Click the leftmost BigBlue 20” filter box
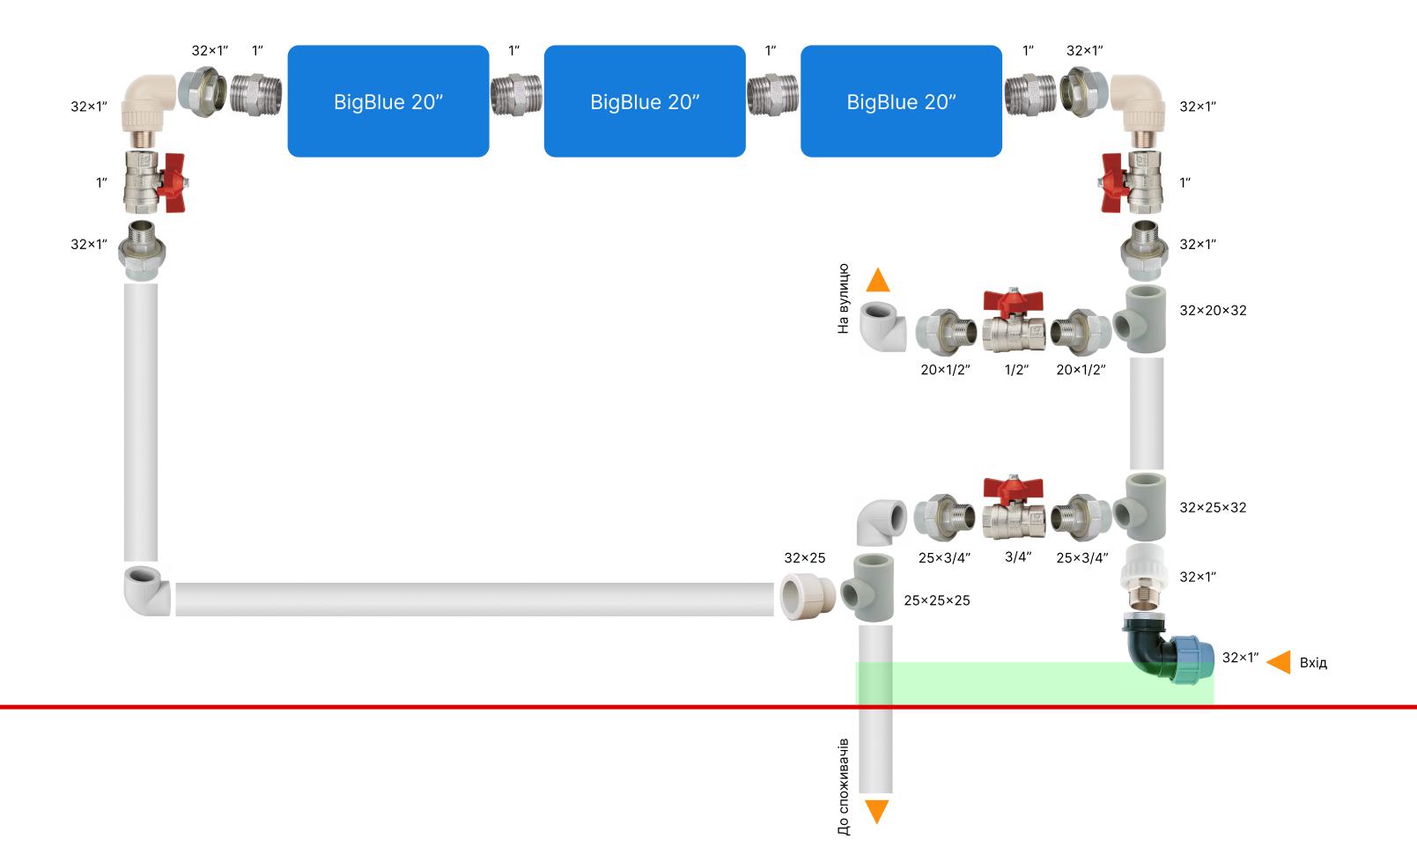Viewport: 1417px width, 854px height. tap(388, 101)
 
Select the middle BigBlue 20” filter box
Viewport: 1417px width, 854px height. tap(645, 101)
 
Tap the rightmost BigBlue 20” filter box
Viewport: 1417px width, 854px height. tap(901, 101)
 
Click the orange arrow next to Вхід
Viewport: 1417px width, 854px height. tap(1279, 662)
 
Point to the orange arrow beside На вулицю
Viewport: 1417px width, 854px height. tap(878, 281)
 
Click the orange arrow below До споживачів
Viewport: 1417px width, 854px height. tap(877, 811)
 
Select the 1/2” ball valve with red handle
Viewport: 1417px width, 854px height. tap(1014, 320)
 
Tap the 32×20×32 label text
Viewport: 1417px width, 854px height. tap(1213, 311)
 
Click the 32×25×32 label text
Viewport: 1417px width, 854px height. tap(1213, 508)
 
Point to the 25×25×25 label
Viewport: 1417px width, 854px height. tap(937, 601)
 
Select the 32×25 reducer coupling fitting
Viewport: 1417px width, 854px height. tap(808, 596)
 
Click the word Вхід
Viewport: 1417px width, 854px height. tap(1313, 663)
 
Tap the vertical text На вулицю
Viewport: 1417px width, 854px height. tap(844, 298)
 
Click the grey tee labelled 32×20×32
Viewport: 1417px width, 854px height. tap(1142, 320)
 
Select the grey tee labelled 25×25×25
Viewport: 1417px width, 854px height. tap(870, 589)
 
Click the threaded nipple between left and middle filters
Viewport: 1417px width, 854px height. tap(516, 95)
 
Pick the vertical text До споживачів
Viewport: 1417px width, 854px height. tap(844, 786)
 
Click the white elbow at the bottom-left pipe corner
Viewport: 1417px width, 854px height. tap(145, 591)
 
